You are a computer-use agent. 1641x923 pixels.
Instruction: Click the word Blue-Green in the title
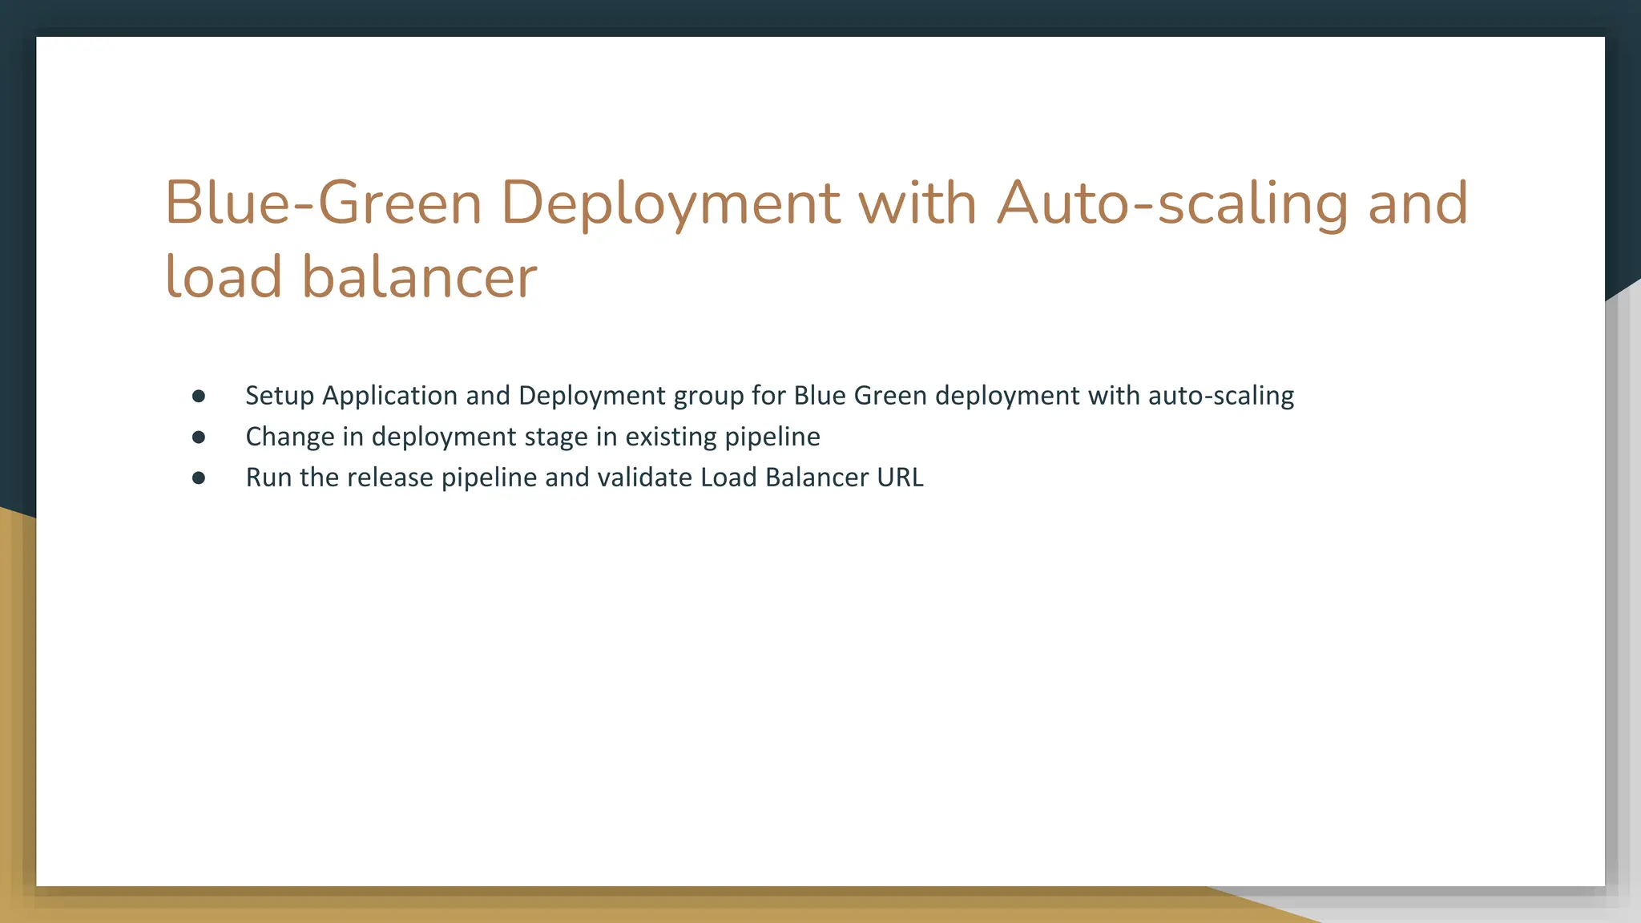pyautogui.click(x=323, y=203)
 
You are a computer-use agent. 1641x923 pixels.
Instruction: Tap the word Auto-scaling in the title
pyautogui.click(x=1172, y=203)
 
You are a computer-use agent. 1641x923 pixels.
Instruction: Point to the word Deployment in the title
pyautogui.click(x=671, y=203)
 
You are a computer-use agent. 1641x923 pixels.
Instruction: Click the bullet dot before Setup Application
pyautogui.click(x=199, y=396)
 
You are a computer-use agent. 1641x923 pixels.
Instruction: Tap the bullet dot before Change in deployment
pyautogui.click(x=199, y=437)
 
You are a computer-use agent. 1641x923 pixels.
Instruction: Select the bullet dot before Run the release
pyautogui.click(x=199, y=478)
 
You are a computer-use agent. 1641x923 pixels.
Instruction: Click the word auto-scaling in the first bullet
pyautogui.click(x=1221, y=396)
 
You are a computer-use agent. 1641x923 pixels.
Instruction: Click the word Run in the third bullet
pyautogui.click(x=268, y=478)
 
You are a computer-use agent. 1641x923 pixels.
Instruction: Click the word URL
pyautogui.click(x=900, y=478)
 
